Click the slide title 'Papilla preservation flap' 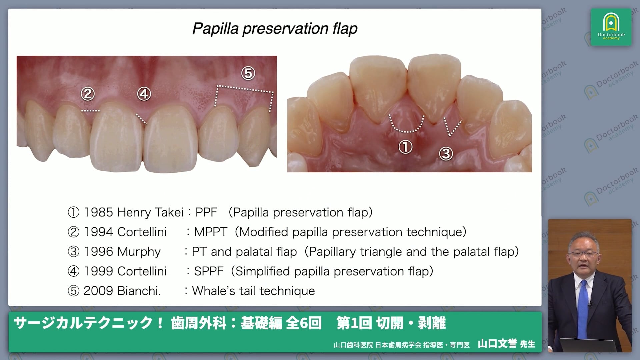[275, 29]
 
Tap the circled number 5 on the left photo [248, 73]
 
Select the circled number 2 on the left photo [88, 94]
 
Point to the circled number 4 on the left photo [144, 94]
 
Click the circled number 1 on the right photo [406, 147]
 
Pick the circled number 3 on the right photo [446, 154]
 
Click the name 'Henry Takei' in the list [150, 213]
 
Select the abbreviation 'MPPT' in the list [211, 232]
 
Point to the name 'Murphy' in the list [139, 252]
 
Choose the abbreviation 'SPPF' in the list [209, 271]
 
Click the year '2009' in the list [98, 291]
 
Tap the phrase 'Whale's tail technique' [253, 291]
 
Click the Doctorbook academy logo [611, 27]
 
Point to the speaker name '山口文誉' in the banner [497, 344]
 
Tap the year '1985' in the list [98, 212]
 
